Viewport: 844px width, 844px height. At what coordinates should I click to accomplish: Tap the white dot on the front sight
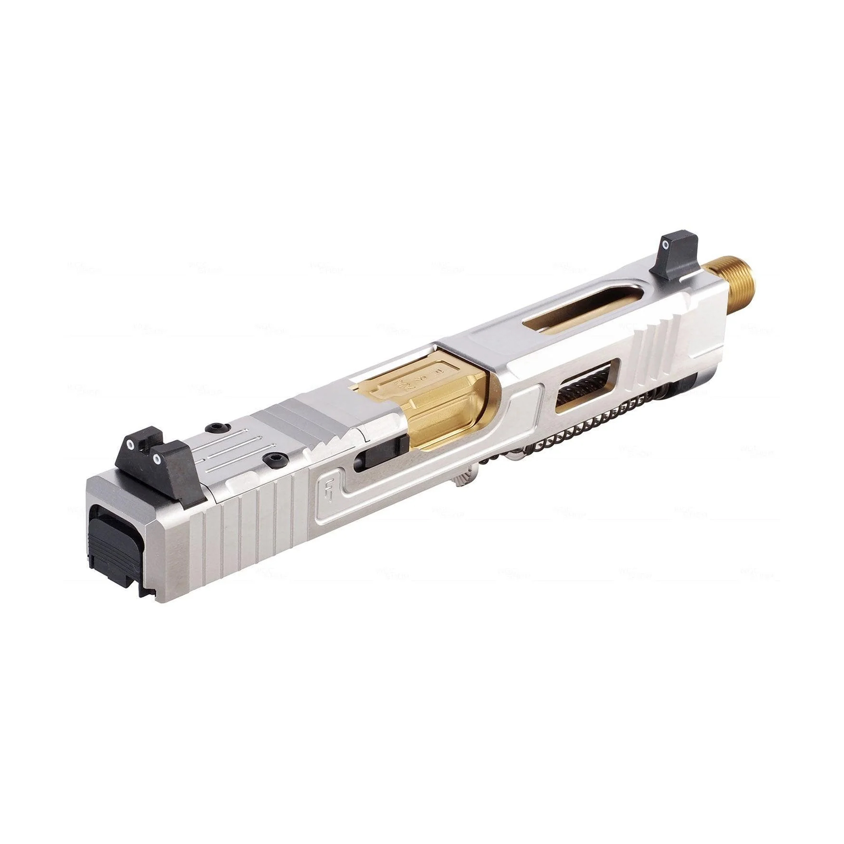[x=666, y=244]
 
